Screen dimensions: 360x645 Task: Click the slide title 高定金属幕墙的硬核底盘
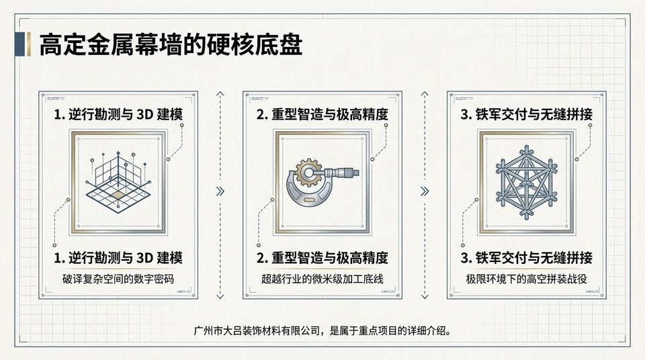tap(171, 45)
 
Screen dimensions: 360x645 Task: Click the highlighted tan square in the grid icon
tap(118, 195)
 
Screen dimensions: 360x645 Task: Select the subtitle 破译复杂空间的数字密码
tap(118, 278)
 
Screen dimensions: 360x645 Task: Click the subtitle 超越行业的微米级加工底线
tap(322, 278)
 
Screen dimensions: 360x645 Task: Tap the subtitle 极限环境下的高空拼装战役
tap(526, 278)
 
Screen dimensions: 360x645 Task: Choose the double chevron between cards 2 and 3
tap(424, 191)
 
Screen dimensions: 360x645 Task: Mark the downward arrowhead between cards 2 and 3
tap(424, 296)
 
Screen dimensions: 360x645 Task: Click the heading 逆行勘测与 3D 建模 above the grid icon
tap(118, 114)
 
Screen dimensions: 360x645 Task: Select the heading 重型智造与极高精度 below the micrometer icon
tap(322, 258)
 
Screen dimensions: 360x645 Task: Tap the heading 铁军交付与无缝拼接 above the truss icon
tap(526, 114)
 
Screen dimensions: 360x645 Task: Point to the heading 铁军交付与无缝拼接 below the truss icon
tap(526, 258)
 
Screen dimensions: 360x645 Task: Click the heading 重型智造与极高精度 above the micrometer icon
tap(322, 114)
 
